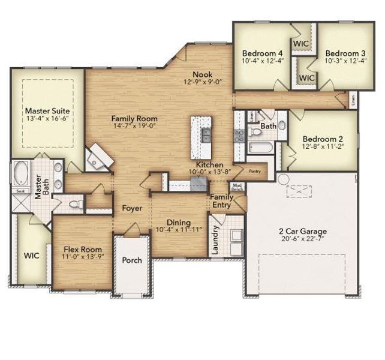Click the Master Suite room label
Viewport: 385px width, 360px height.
click(x=47, y=111)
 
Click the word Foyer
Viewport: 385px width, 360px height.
click(x=132, y=208)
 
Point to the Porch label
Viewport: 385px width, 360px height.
click(x=132, y=260)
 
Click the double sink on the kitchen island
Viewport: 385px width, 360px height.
click(x=206, y=135)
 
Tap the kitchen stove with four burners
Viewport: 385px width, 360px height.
click(x=238, y=134)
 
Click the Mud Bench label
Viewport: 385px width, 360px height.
click(x=237, y=187)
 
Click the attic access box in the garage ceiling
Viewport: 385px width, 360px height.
click(x=299, y=191)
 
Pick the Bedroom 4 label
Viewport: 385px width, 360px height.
click(x=261, y=52)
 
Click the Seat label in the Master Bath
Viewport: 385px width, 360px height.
click(x=20, y=191)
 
